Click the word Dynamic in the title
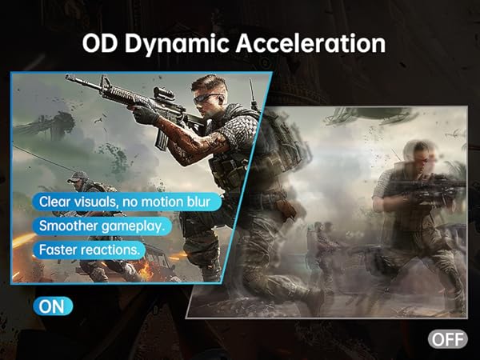pos(177,44)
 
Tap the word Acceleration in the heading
pos(310,43)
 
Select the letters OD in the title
pos(100,43)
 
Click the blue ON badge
pos(53,306)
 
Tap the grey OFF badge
pos(447,339)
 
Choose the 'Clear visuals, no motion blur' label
pos(126,202)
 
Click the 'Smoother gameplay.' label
pos(102,226)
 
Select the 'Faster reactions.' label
pos(89,250)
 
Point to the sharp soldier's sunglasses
pos(206,98)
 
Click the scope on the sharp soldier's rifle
pos(163,94)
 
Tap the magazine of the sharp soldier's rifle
pos(162,139)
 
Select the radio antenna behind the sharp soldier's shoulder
pos(253,94)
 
